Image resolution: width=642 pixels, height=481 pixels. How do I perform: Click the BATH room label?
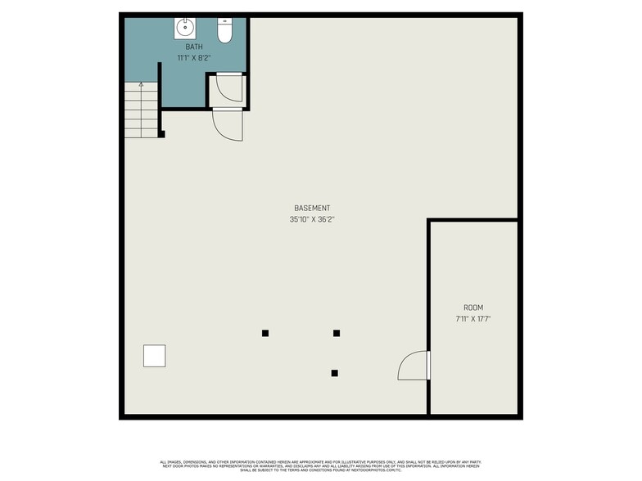[193, 47]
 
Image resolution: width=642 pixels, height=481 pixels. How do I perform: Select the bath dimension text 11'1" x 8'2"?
[193, 58]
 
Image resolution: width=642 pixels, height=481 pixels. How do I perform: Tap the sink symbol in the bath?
[185, 29]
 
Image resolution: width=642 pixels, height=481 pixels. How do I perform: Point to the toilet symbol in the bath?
[225, 31]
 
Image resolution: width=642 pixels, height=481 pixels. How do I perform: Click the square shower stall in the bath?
[227, 90]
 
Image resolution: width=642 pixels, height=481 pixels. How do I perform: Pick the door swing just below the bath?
[227, 125]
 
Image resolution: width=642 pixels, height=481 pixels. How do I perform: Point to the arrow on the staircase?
[141, 84]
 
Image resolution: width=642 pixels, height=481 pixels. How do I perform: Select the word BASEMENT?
[312, 209]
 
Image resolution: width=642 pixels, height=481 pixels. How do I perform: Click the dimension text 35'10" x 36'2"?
[312, 219]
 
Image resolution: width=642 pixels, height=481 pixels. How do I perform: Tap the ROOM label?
[472, 308]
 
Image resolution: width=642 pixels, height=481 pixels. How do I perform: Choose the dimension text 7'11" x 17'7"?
[472, 318]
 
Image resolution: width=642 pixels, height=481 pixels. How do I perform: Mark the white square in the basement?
[155, 356]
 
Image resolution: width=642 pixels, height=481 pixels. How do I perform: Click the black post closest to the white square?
[265, 333]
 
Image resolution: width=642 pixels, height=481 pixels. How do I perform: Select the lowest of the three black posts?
[334, 373]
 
